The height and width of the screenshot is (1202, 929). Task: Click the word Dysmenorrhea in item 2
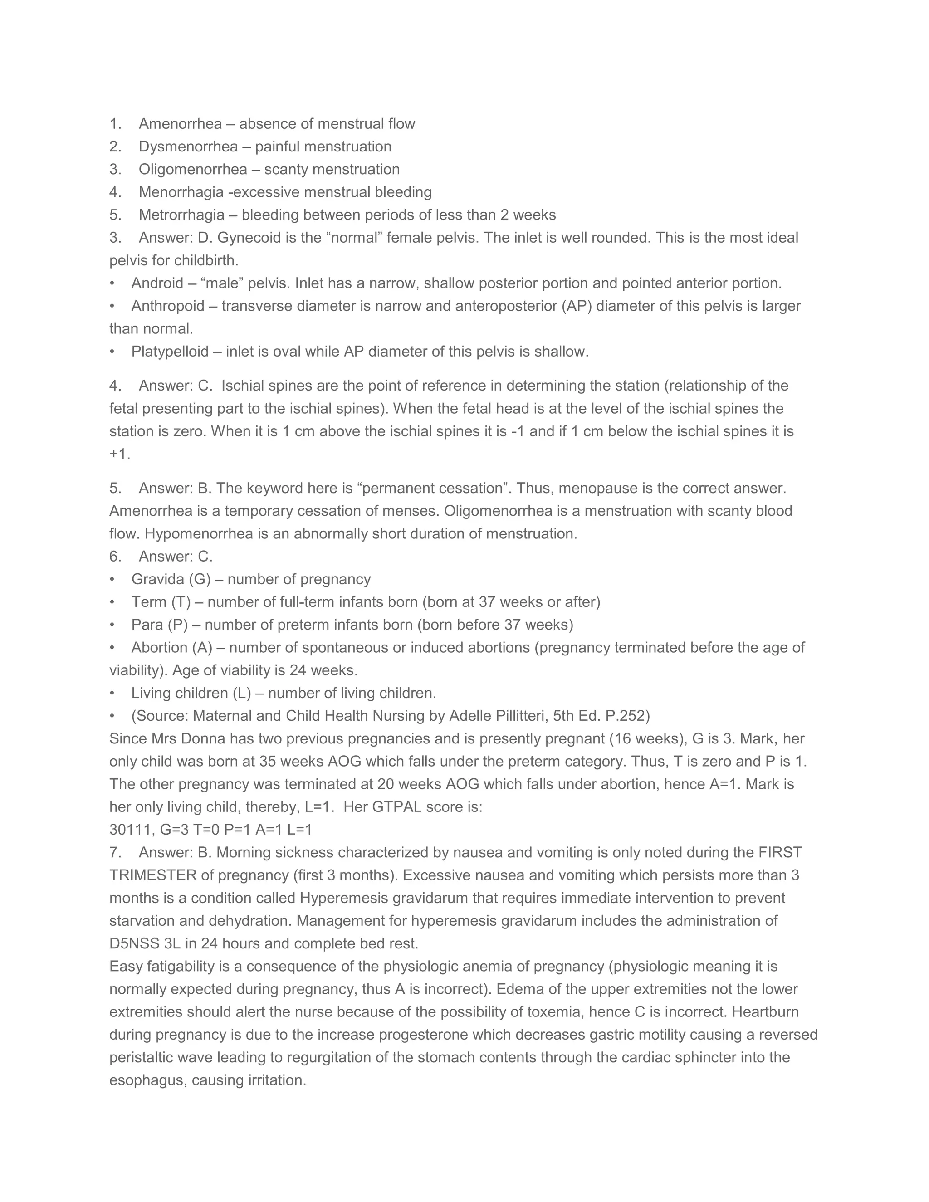point(188,147)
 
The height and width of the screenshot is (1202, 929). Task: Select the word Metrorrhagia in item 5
point(181,215)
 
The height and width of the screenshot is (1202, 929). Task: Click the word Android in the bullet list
point(157,283)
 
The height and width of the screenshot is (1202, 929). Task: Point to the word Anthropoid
point(168,306)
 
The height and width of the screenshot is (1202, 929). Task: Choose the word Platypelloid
point(170,352)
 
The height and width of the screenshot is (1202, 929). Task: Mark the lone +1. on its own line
point(120,454)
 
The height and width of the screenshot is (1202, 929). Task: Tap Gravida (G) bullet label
point(171,580)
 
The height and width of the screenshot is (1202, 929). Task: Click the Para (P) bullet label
point(160,625)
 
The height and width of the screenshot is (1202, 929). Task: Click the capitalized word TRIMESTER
point(153,875)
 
